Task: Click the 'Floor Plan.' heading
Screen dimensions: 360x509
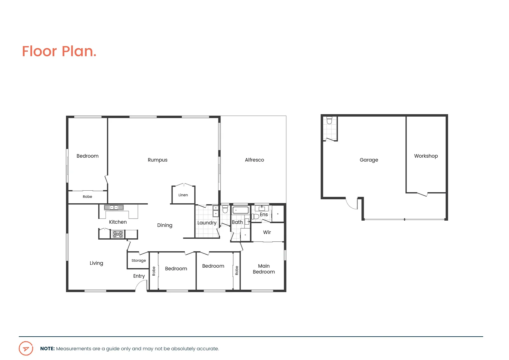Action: [x=59, y=51]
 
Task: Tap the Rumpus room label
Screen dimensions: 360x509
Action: [x=158, y=160]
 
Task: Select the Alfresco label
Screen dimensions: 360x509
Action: [x=254, y=160]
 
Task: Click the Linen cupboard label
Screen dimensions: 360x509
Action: [x=183, y=195]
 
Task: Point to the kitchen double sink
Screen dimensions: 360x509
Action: [x=114, y=207]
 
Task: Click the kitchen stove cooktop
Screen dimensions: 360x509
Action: [x=118, y=234]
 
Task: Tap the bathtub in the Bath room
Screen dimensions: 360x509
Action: [x=240, y=210]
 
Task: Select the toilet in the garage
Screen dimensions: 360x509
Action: [x=329, y=120]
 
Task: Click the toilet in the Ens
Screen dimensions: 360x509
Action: [x=255, y=217]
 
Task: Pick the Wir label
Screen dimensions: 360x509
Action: [x=267, y=232]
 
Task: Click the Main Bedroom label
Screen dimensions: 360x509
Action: [x=263, y=269]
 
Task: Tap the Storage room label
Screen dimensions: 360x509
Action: [x=139, y=261]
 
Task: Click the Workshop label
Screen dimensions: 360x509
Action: [x=426, y=156]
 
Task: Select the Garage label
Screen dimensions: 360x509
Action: [x=369, y=160]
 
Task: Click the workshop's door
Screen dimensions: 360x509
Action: [x=422, y=194]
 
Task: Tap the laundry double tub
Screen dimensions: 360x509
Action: [x=216, y=211]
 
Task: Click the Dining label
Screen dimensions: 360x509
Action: [x=165, y=225]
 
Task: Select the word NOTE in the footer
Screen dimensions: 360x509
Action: [x=47, y=349]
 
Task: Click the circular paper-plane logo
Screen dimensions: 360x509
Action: [x=26, y=349]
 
